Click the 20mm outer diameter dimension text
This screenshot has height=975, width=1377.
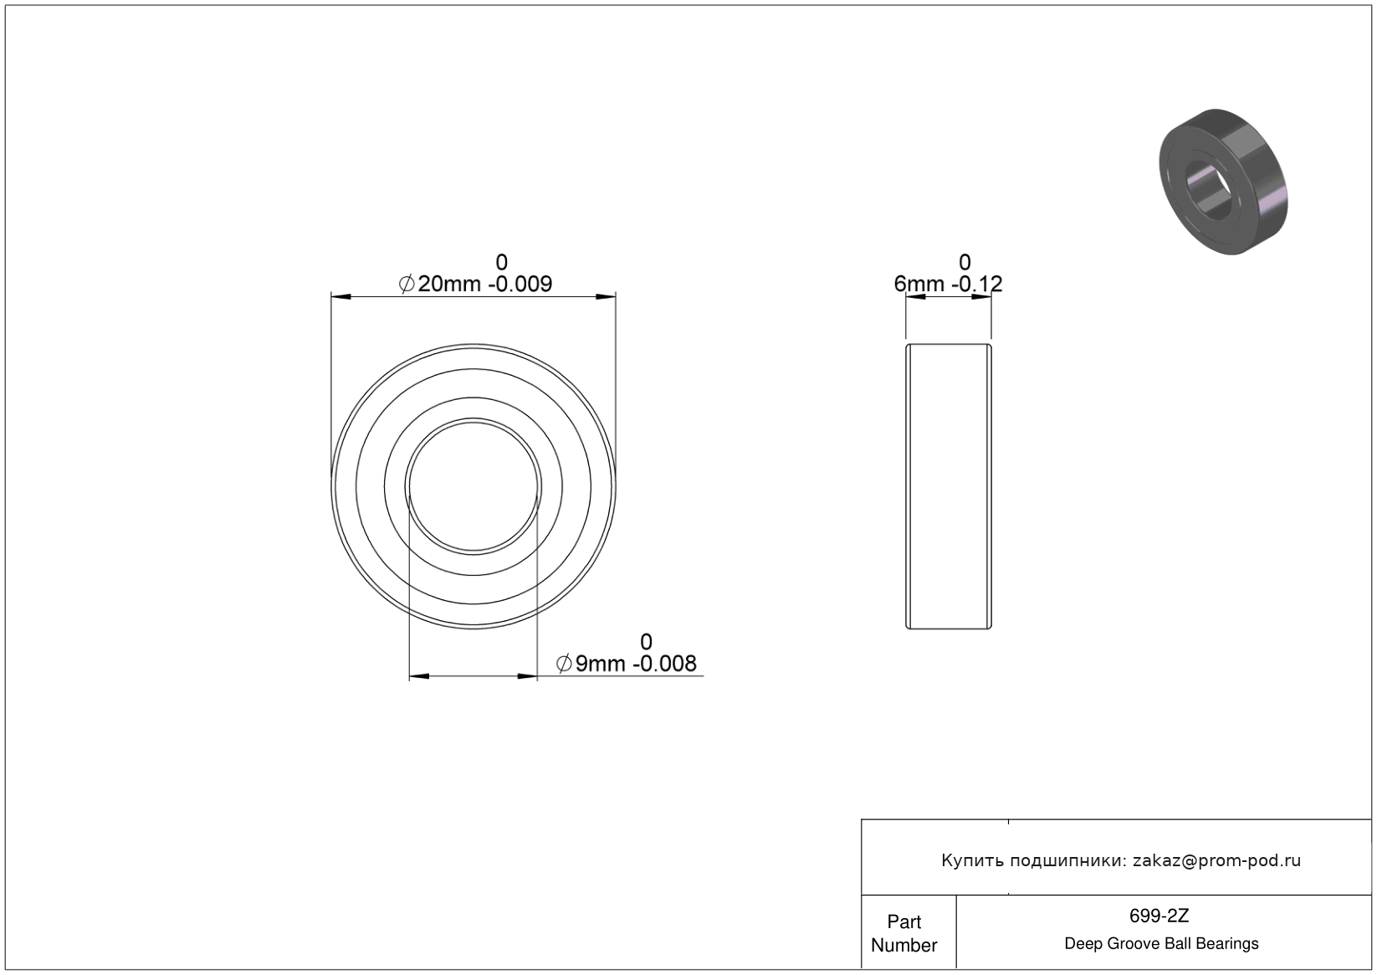[x=475, y=284]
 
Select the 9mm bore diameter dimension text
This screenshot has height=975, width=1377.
[x=626, y=663]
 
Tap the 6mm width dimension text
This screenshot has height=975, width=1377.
[x=948, y=284]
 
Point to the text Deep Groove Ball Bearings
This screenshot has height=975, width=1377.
[x=1161, y=944]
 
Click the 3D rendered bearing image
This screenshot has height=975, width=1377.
[x=1223, y=182]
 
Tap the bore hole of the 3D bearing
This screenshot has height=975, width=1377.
[x=1209, y=190]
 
